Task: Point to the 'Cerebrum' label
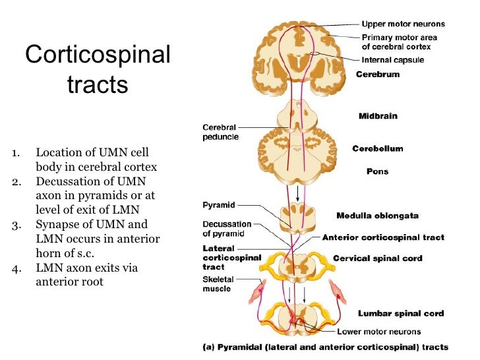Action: point(378,75)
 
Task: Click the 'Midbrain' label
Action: point(378,116)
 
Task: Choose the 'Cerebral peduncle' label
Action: point(220,132)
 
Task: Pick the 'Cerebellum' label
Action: point(377,149)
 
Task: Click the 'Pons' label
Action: point(377,171)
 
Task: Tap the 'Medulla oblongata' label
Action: point(377,216)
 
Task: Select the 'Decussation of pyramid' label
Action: point(224,229)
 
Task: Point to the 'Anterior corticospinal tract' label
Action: point(383,237)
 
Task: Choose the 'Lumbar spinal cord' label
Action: point(400,313)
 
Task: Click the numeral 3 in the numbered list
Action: point(15,224)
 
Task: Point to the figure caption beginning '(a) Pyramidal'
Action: point(325,347)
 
